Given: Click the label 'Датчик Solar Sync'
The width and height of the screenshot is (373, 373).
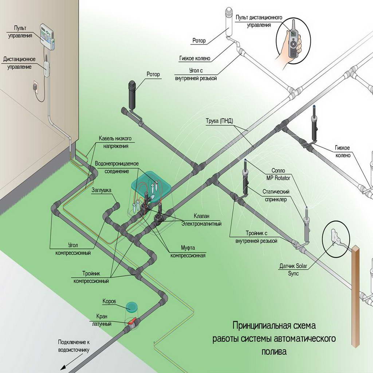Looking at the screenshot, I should [294, 270].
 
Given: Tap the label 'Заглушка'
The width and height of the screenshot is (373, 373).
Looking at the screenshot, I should [102, 190].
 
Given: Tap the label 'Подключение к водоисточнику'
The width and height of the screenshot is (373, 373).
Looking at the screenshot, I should [74, 346].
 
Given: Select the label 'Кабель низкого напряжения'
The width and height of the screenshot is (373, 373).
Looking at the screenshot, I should [115, 142].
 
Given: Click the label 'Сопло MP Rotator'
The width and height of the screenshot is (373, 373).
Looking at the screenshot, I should [278, 173].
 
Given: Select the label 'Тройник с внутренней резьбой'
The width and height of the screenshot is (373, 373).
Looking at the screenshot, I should [256, 237].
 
